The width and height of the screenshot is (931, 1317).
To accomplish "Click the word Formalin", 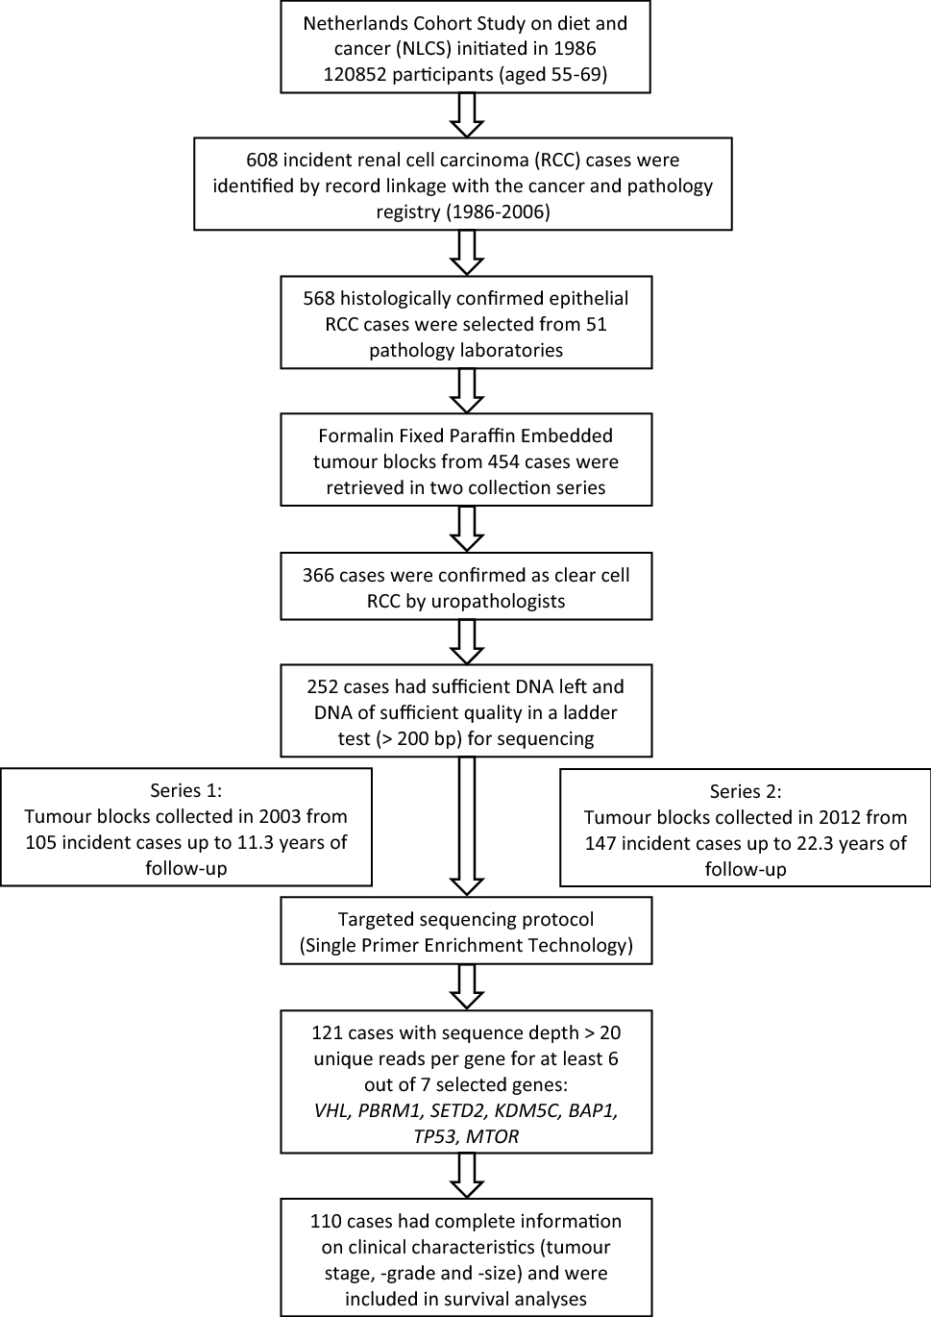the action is [x=354, y=435].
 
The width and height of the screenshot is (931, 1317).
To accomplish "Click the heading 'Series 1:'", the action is [x=185, y=790].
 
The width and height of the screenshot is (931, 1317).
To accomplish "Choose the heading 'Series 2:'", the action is [x=746, y=791].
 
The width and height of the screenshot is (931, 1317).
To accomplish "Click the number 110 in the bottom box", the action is [x=326, y=1221].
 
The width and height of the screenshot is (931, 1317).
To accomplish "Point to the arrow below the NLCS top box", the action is [x=466, y=114].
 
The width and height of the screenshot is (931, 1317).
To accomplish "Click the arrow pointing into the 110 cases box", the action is [x=466, y=1175].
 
